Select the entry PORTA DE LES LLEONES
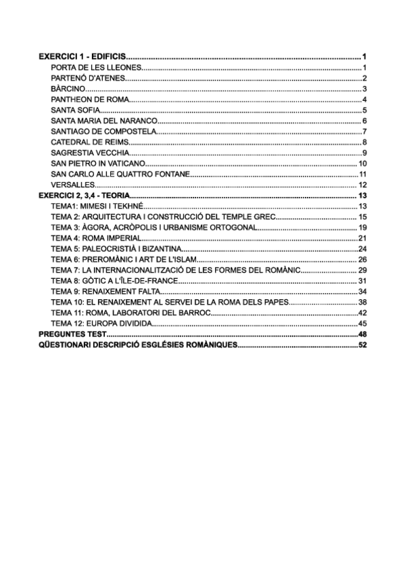pyautogui.click(x=95, y=68)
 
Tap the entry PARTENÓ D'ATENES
pyautogui.click(x=88, y=79)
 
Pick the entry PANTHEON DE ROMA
pyautogui.click(x=90, y=100)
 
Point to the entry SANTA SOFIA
pyautogui.click(x=74, y=110)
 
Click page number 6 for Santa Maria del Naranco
pyautogui.click(x=364, y=121)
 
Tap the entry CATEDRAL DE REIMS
pyautogui.click(x=89, y=142)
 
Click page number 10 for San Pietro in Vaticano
pyautogui.click(x=362, y=163)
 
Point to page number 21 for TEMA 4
pyautogui.click(x=362, y=238)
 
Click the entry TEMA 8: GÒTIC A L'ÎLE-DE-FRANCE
pyautogui.click(x=109, y=280)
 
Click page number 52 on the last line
pyautogui.click(x=362, y=345)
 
